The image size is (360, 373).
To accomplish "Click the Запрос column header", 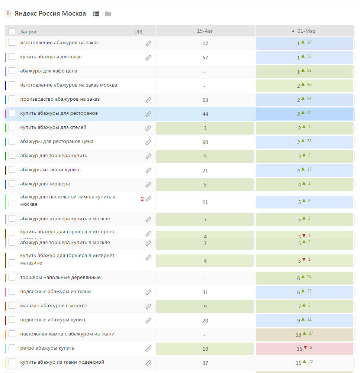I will tap(29, 32).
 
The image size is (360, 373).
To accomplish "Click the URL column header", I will tap(139, 32).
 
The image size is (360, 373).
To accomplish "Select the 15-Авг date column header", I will tap(205, 31).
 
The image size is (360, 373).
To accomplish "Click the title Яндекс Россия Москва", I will tap(50, 14).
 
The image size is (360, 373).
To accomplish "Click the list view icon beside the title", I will tap(96, 14).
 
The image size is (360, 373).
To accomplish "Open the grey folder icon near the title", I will tap(108, 14).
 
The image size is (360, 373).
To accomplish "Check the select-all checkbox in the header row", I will tap(12, 32).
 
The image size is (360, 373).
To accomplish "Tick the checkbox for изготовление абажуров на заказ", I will tap(12, 42).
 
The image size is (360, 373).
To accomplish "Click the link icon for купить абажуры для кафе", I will tap(148, 58).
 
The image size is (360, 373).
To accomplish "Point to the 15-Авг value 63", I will tap(205, 100).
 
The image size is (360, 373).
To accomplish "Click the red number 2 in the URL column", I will tap(142, 199).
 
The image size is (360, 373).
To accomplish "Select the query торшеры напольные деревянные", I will tap(60, 278).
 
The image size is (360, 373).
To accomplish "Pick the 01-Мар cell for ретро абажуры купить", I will tap(304, 349).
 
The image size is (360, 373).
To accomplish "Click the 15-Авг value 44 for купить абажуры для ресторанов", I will tap(205, 114).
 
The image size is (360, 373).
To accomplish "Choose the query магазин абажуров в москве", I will tap(54, 306).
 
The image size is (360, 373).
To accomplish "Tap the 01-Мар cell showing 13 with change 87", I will tap(304, 335).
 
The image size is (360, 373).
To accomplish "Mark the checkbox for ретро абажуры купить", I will tap(12, 348).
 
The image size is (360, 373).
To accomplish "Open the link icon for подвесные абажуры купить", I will tap(148, 320).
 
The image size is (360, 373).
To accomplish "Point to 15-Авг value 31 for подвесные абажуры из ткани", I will tap(205, 292).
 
